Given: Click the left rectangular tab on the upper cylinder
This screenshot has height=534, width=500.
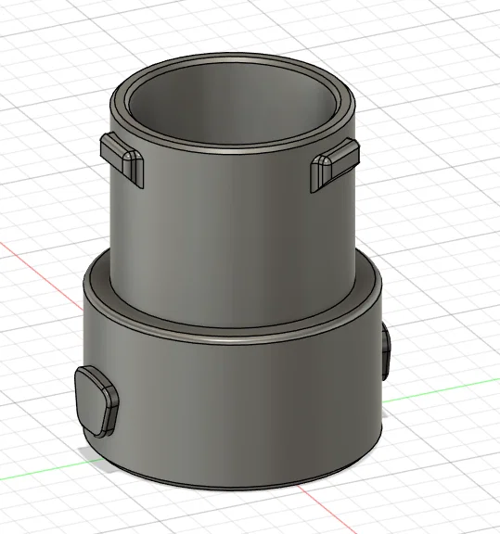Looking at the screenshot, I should pyautogui.click(x=122, y=155).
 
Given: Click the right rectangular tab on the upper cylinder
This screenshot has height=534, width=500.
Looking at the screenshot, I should pyautogui.click(x=334, y=162).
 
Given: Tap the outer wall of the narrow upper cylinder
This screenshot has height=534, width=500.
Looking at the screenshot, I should pyautogui.click(x=232, y=232).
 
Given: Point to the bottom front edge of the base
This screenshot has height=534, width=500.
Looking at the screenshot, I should pyautogui.click(x=232, y=484).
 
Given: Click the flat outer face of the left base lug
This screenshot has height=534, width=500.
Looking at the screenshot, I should pyautogui.click(x=91, y=399).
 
